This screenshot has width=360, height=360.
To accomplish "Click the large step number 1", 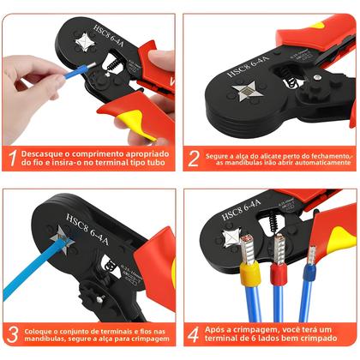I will point(13,158).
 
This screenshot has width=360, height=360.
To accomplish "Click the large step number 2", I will point(194,158).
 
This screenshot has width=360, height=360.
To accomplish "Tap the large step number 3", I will point(13,333).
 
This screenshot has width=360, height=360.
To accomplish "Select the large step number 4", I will point(194,333).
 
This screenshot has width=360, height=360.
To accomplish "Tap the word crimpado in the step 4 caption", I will point(330,339).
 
